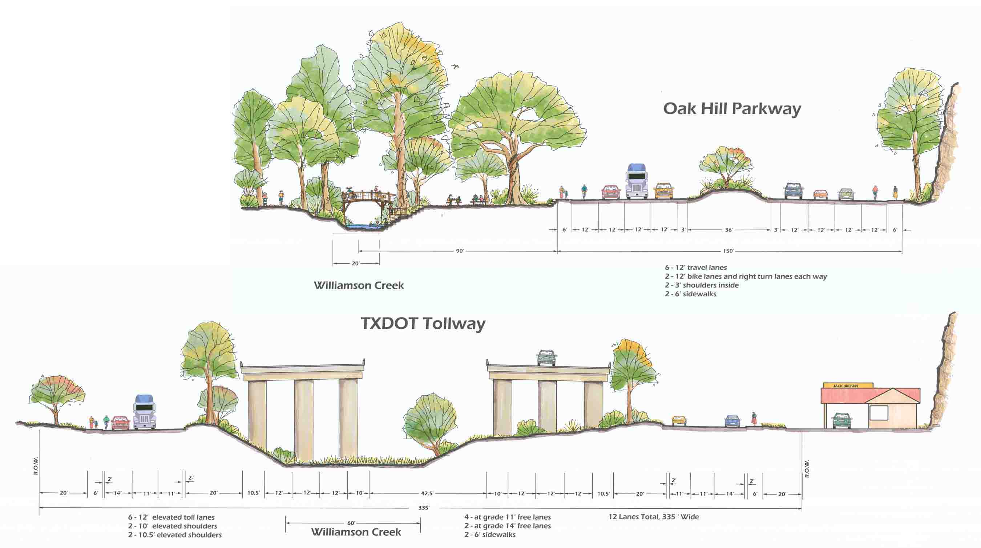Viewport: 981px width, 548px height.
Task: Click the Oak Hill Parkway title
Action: point(732,109)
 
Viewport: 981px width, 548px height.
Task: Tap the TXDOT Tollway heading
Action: point(423,324)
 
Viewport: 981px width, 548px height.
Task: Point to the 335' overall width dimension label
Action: point(424,508)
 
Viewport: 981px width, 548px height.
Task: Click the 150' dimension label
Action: point(728,251)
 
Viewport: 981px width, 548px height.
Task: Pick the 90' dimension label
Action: point(460,251)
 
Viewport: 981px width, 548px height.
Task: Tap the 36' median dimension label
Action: point(728,230)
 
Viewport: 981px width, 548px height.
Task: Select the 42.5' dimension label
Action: point(427,493)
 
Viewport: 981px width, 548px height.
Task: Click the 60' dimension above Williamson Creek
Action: point(351,523)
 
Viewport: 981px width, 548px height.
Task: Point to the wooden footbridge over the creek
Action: point(368,204)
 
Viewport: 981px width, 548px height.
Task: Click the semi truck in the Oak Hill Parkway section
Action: point(637,181)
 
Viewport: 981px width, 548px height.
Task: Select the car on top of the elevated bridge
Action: point(546,358)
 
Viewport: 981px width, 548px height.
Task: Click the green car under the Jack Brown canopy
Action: point(842,420)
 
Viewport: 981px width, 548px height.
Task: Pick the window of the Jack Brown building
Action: point(879,413)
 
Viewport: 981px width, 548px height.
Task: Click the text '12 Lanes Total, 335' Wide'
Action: point(654,517)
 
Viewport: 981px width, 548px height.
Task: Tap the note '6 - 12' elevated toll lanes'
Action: point(171,517)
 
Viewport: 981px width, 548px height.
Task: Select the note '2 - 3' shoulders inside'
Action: point(702,285)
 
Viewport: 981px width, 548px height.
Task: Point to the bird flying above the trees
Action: point(455,66)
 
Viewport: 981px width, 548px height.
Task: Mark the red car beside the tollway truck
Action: point(120,423)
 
